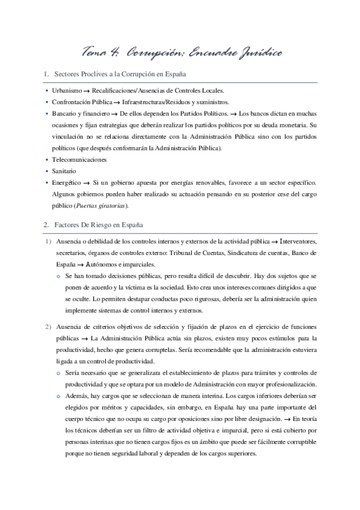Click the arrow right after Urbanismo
pyautogui.click(x=88, y=90)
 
